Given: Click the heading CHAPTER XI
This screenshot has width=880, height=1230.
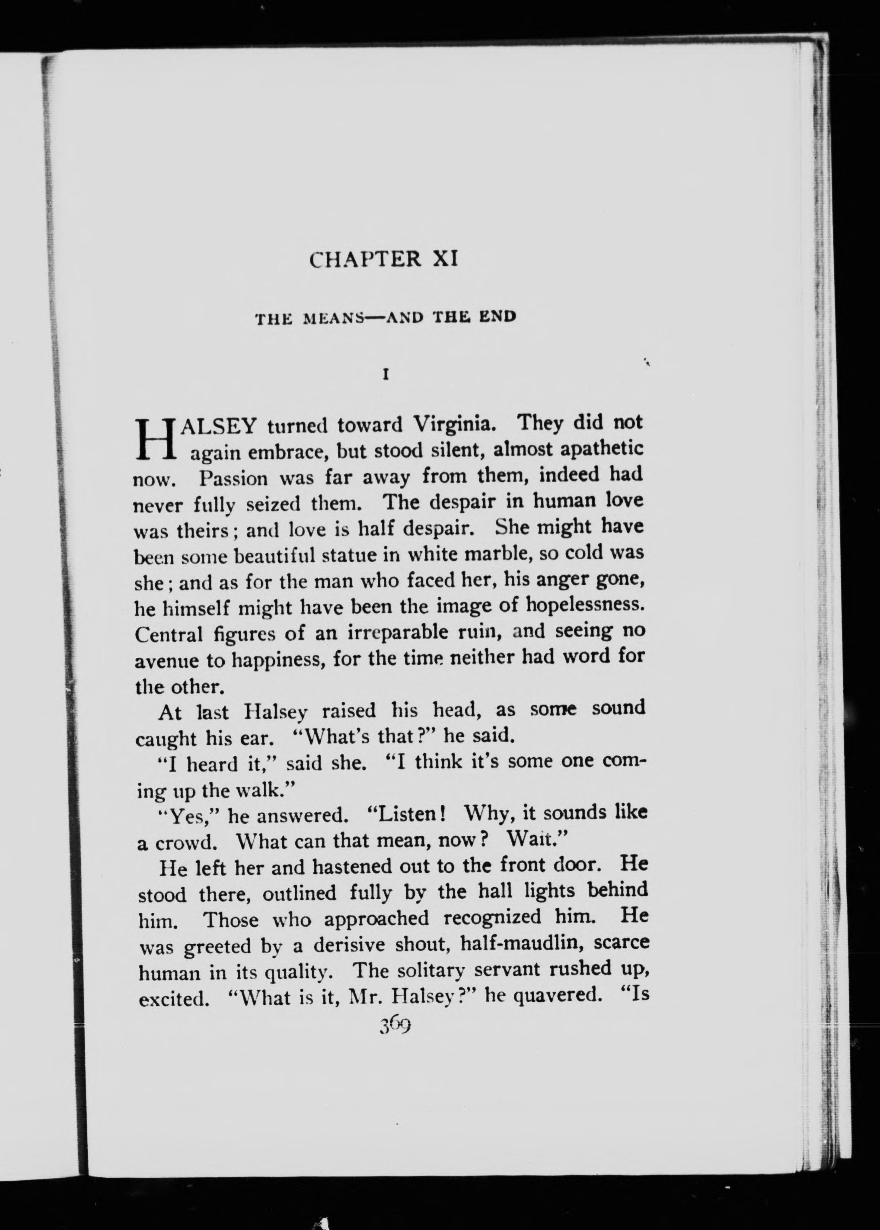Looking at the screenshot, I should [x=384, y=259].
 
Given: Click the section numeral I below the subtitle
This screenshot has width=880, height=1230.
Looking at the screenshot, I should [x=386, y=374].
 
